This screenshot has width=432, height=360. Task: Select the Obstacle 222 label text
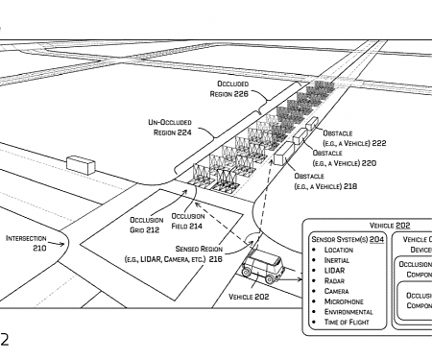click(354, 137)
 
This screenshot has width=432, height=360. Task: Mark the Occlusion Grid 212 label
click(146, 225)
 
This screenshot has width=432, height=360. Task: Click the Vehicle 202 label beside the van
click(248, 298)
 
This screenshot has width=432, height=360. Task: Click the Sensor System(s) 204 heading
click(347, 238)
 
